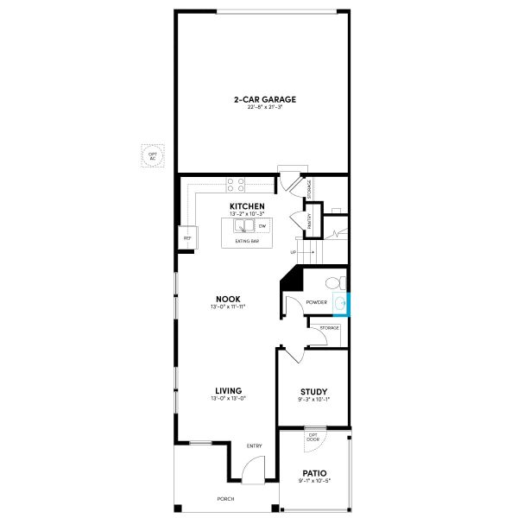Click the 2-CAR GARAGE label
258,99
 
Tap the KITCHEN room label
241,206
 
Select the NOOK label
228,299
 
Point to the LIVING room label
228,390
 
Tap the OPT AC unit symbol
154,155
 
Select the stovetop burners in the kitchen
236,185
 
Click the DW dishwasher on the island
262,226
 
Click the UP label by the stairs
294,252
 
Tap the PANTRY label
310,221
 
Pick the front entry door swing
252,471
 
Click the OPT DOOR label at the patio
313,437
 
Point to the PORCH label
226,499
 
